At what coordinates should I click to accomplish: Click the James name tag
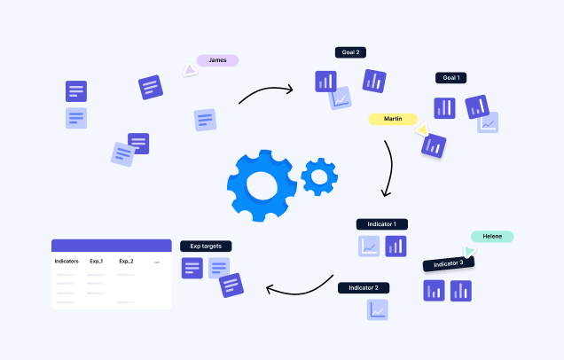click(217, 60)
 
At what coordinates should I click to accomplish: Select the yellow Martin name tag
click(393, 119)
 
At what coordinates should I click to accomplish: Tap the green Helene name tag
click(492, 237)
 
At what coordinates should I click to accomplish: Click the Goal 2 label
click(351, 53)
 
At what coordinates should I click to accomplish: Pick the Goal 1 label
click(451, 78)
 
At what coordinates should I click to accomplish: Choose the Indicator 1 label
click(382, 224)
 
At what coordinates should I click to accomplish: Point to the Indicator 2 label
click(364, 287)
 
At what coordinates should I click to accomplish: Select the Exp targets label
click(206, 246)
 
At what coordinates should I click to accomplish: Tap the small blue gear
click(318, 176)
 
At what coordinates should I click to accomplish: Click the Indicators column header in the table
click(67, 262)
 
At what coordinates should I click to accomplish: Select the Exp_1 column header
click(97, 262)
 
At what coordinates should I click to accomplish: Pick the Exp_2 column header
click(126, 262)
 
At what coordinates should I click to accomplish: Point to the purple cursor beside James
click(188, 68)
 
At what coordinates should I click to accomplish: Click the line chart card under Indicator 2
click(379, 309)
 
